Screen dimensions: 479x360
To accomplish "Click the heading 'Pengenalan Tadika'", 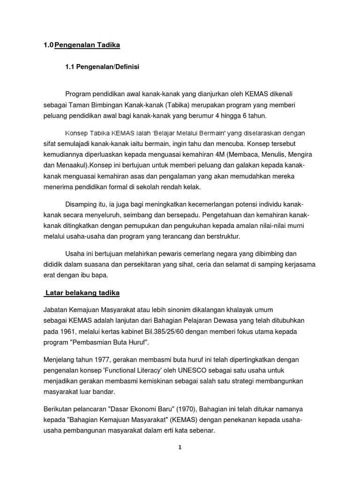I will pyautogui.click(x=87, y=45).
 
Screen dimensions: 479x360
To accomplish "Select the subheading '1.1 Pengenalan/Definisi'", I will pyautogui.click(x=102, y=67).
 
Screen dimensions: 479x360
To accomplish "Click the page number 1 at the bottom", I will pyautogui.click(x=180, y=447).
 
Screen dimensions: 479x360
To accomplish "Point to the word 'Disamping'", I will pyautogui.click(x=82, y=205).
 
